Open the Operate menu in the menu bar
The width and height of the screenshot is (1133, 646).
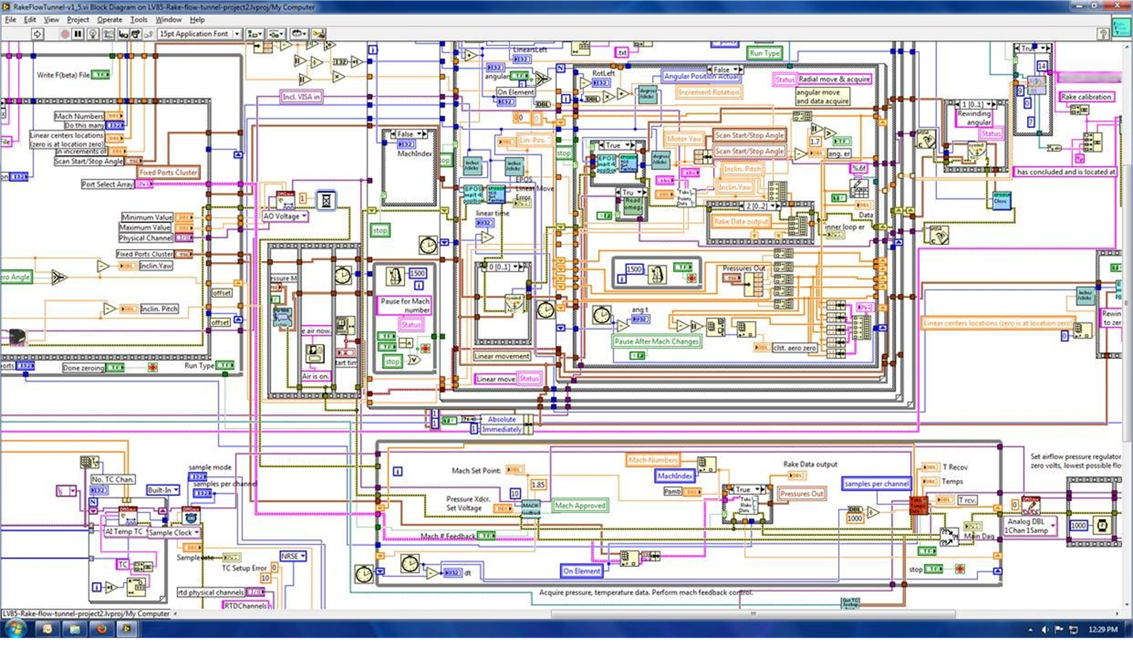point(110,20)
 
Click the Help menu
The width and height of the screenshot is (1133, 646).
point(198,20)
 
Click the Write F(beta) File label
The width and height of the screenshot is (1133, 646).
point(63,75)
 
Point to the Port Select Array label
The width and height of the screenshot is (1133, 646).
point(108,184)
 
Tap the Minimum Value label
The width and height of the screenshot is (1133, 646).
point(147,217)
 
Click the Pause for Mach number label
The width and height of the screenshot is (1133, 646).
point(404,305)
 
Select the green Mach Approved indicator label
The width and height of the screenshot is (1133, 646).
point(580,505)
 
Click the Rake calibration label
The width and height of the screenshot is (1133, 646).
point(1086,96)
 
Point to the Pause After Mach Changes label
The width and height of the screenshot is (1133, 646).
point(656,342)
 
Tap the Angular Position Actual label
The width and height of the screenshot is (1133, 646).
point(701,77)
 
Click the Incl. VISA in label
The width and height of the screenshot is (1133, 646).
point(301,97)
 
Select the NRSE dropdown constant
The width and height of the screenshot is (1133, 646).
point(293,556)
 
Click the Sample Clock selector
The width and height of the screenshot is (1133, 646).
point(173,532)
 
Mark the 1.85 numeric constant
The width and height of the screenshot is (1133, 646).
point(538,485)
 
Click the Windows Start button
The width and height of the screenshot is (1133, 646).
point(15,629)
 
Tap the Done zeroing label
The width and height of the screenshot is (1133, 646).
point(105,368)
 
